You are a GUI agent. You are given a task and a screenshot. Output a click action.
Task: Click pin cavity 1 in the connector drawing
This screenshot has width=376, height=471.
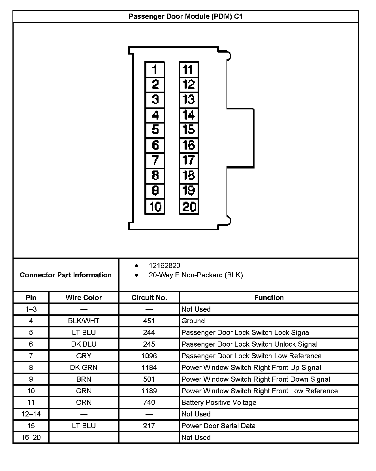pyautogui.click(x=155, y=70)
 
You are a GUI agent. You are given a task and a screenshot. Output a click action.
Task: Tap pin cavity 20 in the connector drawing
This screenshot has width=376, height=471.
pyautogui.click(x=189, y=207)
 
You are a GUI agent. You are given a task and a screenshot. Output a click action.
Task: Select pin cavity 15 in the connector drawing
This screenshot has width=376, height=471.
pyautogui.click(x=189, y=130)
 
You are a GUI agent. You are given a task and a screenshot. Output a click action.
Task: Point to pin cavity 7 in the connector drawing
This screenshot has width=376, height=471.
pyautogui.click(x=155, y=160)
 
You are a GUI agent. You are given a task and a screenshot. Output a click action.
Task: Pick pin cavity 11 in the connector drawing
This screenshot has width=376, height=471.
pyautogui.click(x=189, y=70)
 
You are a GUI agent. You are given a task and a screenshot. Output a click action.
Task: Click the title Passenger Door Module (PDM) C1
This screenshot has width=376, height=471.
pyautogui.click(x=186, y=16)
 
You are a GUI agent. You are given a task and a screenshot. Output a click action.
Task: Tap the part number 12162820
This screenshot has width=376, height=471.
pyautogui.click(x=164, y=265)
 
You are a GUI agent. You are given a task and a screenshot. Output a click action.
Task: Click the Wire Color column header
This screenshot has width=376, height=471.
pyautogui.click(x=84, y=297)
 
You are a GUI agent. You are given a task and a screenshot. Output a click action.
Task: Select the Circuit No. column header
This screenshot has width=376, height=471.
pyautogui.click(x=149, y=297)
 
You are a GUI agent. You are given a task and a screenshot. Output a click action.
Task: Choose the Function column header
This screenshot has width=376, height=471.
pyautogui.click(x=269, y=297)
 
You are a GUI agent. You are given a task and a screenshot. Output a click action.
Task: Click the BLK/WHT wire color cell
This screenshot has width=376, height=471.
pyautogui.click(x=84, y=321)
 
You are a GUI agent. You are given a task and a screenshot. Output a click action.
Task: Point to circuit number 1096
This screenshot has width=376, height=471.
pyautogui.click(x=149, y=356)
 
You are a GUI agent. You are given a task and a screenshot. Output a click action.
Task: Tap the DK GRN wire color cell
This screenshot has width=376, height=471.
pyautogui.click(x=84, y=368)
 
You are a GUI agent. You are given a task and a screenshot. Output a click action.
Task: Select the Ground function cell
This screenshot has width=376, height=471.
pyautogui.click(x=193, y=321)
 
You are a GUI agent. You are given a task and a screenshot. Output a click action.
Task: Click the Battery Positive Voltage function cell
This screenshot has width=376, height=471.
pyautogui.click(x=219, y=402)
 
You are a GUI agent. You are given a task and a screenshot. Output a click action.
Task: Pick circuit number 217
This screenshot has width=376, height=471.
pyautogui.click(x=149, y=426)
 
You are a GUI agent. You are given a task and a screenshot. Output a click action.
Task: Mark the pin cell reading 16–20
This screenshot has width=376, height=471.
pyautogui.click(x=31, y=437)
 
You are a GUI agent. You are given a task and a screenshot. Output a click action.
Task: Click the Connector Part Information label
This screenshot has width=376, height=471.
pyautogui.click(x=66, y=275)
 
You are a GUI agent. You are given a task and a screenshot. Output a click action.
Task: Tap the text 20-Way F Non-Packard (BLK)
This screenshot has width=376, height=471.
pyautogui.click(x=196, y=275)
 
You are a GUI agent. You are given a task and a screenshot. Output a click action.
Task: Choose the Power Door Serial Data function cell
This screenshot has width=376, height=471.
pyautogui.click(x=218, y=426)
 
